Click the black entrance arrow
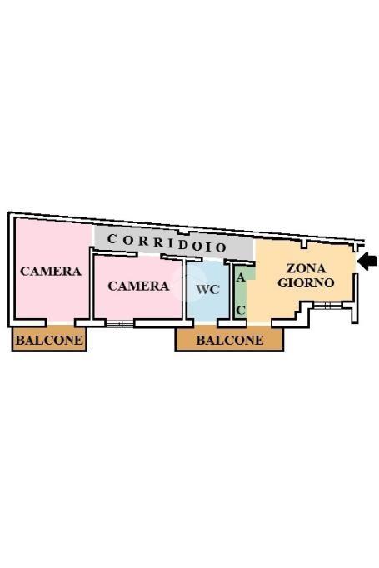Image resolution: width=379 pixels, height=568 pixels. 367,262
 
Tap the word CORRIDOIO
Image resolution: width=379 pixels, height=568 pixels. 167,243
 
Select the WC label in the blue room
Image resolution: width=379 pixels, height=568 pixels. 207,290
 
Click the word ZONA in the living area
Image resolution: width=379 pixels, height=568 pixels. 307,268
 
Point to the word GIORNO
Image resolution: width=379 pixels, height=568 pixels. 306,283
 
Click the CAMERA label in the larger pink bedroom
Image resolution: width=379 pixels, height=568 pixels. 50,271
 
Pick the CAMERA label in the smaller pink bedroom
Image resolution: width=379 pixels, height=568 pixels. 138,286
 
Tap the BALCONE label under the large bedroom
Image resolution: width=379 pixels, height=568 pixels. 49,340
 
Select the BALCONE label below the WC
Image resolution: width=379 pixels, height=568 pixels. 230,340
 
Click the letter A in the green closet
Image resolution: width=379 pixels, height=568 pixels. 241,278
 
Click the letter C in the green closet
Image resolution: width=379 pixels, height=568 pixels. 241,310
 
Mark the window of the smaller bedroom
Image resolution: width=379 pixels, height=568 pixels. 120,323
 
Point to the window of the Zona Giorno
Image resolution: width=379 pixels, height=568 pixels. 327,306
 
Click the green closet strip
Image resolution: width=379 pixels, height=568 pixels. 241,293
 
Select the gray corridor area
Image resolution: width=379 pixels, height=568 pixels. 174,243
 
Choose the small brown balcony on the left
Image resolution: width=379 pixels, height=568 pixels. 49,340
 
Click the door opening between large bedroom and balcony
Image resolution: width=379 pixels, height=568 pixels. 60,322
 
